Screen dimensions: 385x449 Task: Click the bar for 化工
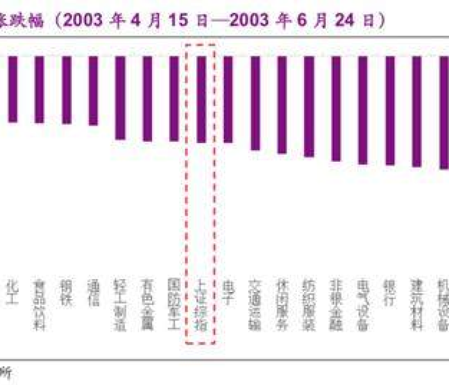(13, 89)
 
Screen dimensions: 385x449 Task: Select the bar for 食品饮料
(39, 89)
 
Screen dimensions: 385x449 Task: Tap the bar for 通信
(93, 90)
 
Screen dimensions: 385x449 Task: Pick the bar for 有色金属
(147, 98)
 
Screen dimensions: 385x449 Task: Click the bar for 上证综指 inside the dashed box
(201, 99)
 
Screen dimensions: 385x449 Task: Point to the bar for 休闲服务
(282, 105)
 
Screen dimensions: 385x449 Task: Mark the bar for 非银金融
(335, 108)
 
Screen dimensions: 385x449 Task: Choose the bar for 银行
(389, 110)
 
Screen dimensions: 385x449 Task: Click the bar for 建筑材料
(416, 112)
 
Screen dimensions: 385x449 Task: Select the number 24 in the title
(347, 21)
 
